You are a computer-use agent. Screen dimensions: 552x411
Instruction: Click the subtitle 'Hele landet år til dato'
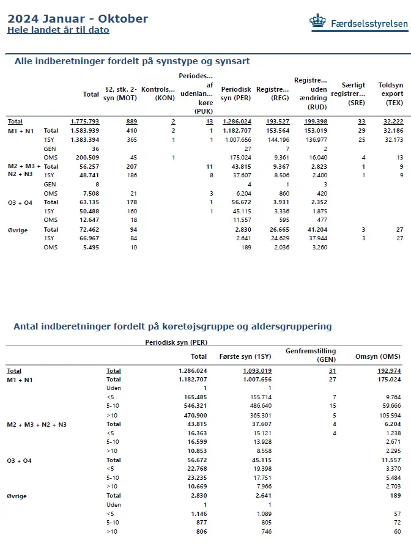[58, 30]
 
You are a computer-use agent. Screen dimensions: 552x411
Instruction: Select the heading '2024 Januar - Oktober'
[78, 18]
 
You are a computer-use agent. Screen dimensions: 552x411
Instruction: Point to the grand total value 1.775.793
[84, 122]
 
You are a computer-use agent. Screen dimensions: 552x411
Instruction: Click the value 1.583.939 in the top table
[85, 131]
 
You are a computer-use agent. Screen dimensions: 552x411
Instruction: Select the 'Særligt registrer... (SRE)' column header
[349, 94]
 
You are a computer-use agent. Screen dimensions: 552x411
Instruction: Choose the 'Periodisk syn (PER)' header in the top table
[236, 94]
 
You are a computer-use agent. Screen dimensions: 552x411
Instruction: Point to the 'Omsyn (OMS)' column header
[378, 356]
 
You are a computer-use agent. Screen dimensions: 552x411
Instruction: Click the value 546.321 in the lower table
[195, 405]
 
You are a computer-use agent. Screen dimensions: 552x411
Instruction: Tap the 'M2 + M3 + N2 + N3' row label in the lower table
[37, 424]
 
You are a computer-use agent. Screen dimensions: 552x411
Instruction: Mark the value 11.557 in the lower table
[389, 460]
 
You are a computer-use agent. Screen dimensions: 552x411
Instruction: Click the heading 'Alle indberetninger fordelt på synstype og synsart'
[131, 61]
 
